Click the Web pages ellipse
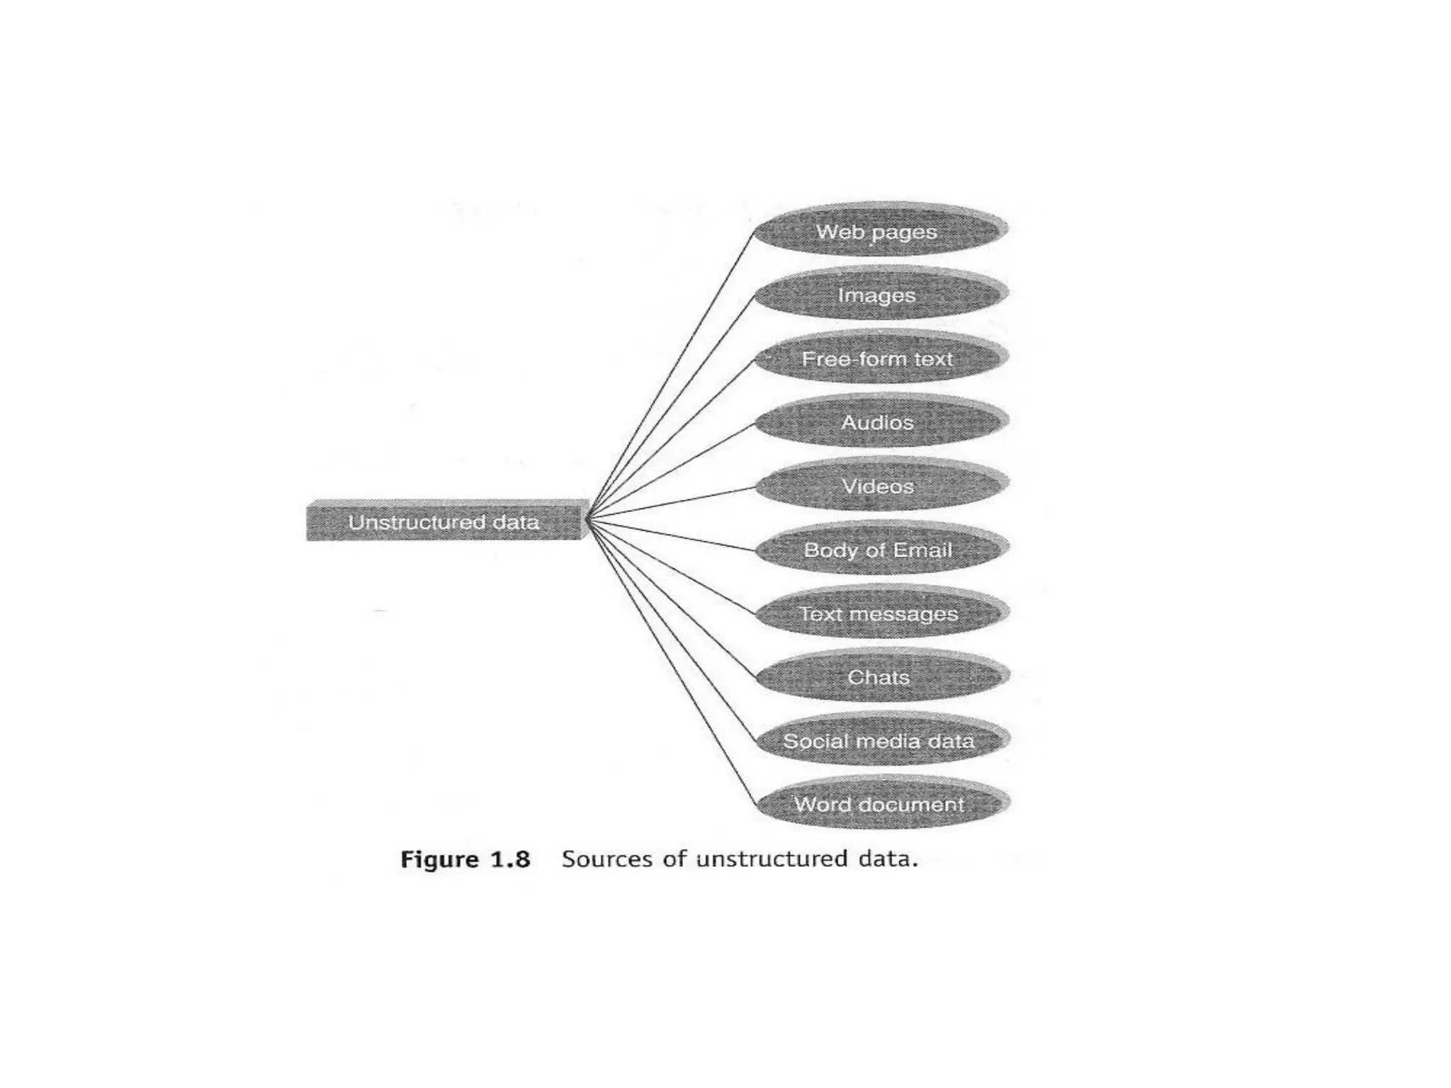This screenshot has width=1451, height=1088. (x=879, y=231)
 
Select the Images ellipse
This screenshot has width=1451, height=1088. (x=879, y=295)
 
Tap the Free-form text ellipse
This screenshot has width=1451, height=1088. (x=879, y=358)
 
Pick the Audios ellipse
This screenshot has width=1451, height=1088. (x=879, y=422)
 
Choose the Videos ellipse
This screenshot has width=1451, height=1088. (x=879, y=486)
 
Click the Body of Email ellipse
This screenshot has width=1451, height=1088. (x=879, y=550)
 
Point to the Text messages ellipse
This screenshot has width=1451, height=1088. (x=879, y=613)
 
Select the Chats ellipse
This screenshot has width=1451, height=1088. (x=879, y=677)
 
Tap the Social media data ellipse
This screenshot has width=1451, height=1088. (x=879, y=741)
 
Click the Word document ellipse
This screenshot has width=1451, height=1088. (x=879, y=805)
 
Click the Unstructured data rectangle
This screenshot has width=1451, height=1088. (x=445, y=523)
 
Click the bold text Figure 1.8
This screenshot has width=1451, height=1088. (x=465, y=859)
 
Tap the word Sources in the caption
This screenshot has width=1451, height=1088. (x=606, y=858)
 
